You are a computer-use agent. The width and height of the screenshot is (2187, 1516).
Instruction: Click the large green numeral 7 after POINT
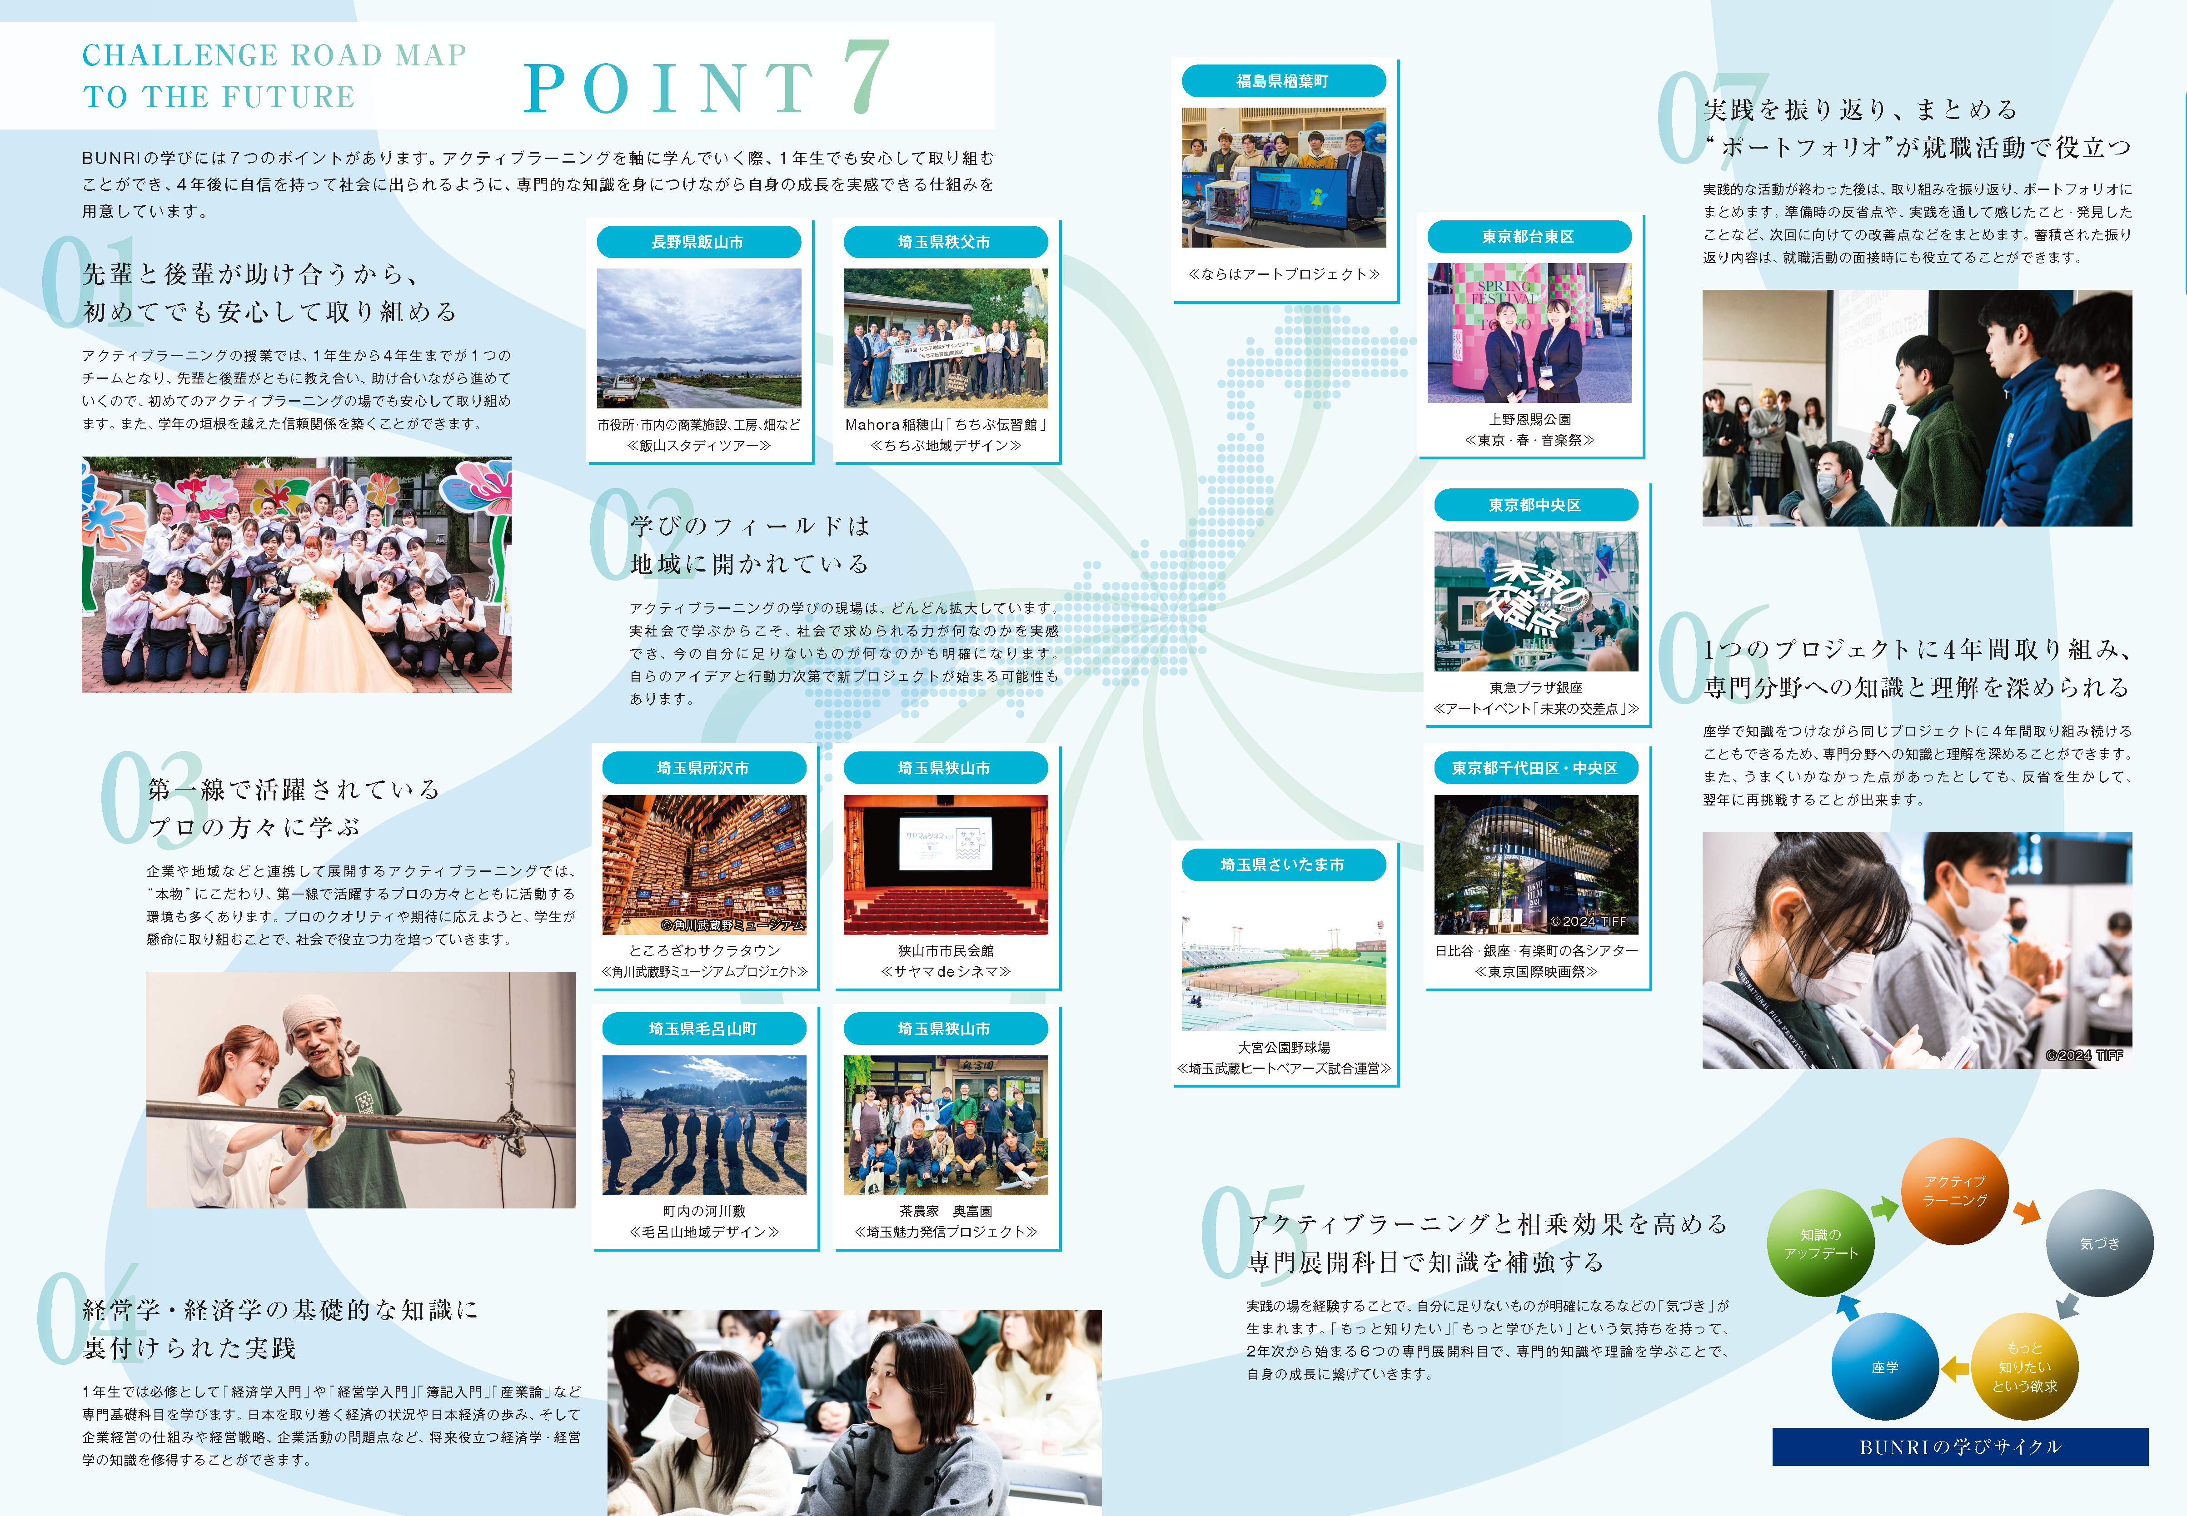pos(867,78)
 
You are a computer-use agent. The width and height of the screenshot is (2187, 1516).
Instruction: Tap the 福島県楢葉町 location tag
pos(1283,82)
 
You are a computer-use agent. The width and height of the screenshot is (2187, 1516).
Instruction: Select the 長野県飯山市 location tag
pos(698,242)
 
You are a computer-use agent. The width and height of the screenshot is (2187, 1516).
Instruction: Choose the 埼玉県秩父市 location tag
pos(944,242)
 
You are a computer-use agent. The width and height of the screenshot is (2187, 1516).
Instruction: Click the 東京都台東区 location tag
pos(1529,237)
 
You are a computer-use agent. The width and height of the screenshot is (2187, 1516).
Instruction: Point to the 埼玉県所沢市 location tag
pos(703,767)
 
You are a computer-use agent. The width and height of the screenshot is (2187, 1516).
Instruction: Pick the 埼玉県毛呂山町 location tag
pos(703,1029)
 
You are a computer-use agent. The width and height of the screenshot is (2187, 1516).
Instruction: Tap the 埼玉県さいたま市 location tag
pos(1283,865)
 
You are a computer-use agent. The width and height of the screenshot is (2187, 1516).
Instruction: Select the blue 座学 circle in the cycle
pos(1885,1367)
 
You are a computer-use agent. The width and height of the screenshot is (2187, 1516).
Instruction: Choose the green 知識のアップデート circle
pos(1820,1243)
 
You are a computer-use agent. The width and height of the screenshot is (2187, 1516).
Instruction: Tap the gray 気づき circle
pos(2100,1243)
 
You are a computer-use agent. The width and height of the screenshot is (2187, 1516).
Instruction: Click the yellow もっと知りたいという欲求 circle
pos(2024,1367)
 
